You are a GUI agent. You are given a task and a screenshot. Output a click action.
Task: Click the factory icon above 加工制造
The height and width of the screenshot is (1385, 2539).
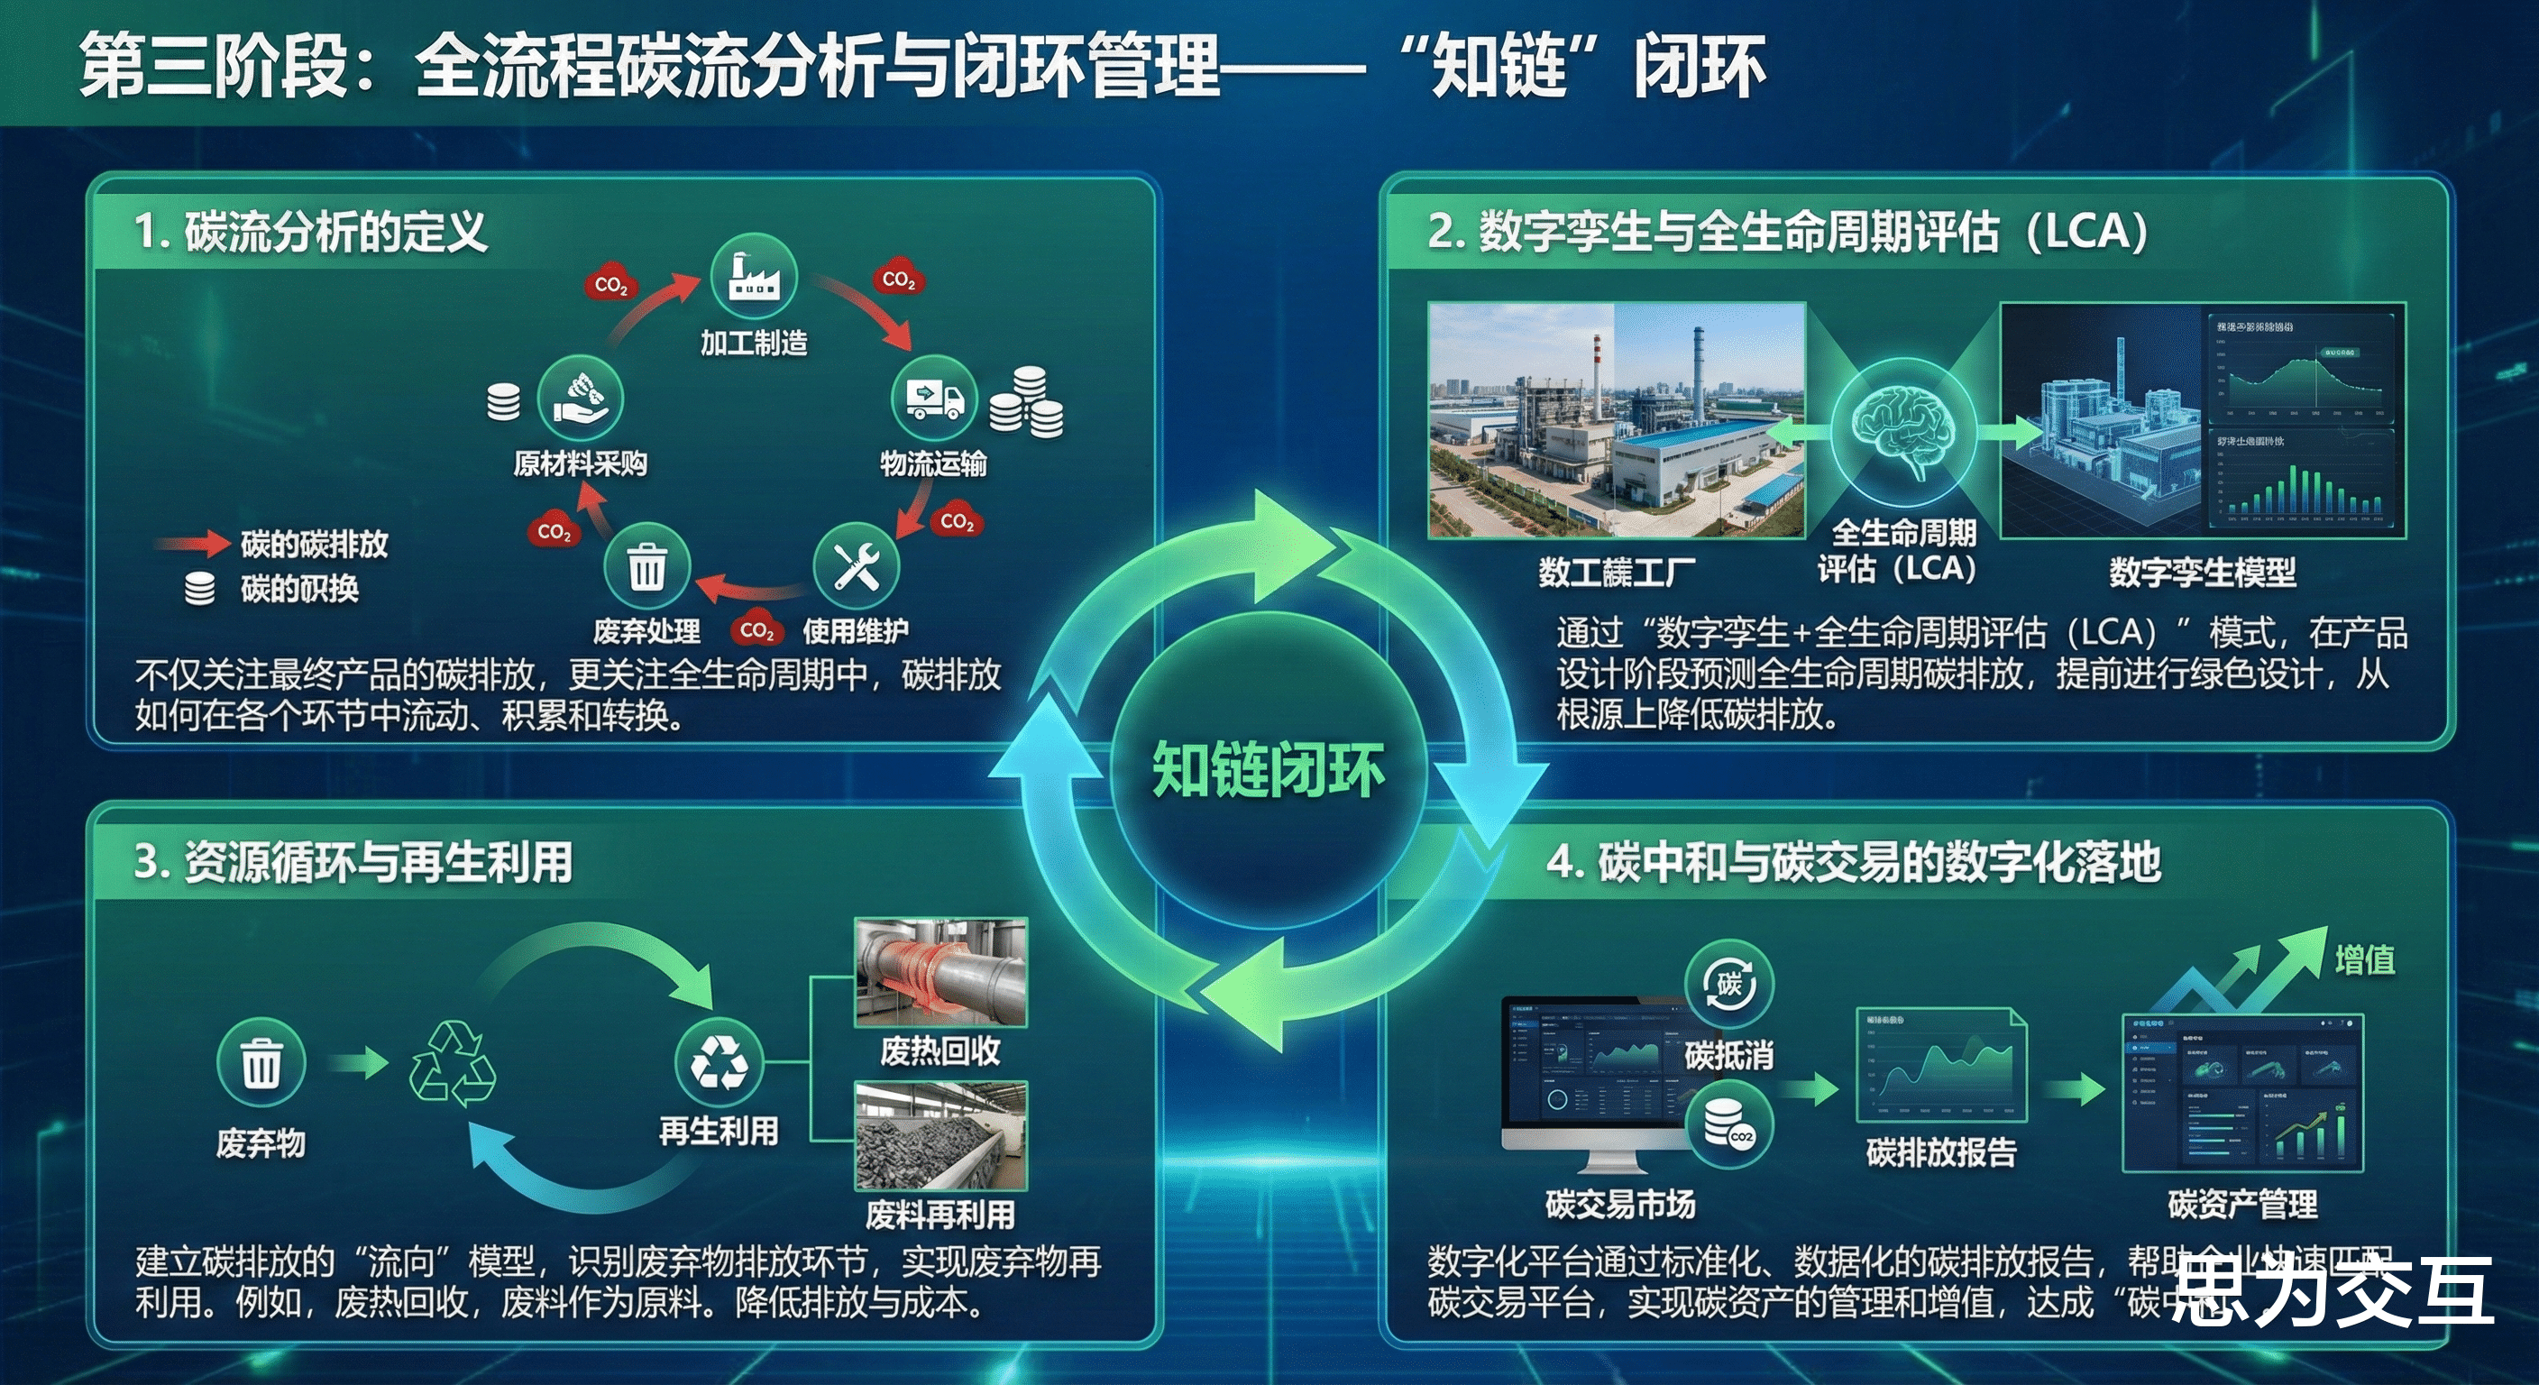(x=753, y=277)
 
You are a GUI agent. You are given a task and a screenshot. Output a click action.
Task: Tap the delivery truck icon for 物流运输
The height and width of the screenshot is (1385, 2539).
(x=933, y=399)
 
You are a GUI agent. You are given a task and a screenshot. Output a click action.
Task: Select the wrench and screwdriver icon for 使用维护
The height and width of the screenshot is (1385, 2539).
(x=856, y=566)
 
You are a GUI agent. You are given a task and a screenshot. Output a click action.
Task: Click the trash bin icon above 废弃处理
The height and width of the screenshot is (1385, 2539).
(x=646, y=566)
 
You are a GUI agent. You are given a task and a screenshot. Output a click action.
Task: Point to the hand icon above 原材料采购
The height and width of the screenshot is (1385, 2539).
(x=580, y=399)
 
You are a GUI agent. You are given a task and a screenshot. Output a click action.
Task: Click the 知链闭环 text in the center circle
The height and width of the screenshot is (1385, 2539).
(x=1269, y=770)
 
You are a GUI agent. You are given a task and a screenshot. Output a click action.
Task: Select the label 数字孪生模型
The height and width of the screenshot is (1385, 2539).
(x=2202, y=572)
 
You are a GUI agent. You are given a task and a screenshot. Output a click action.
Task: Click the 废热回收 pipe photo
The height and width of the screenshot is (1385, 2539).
(x=940, y=973)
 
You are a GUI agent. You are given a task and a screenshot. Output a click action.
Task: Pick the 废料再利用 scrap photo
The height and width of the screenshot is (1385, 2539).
(x=940, y=1135)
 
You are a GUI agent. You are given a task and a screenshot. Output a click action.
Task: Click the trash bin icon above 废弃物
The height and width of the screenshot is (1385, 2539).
(x=261, y=1063)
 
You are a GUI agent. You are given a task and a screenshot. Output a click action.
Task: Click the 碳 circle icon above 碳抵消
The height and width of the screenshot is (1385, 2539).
(x=1728, y=984)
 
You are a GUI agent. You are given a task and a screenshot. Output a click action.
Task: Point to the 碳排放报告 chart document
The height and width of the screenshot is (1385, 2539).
(x=1940, y=1066)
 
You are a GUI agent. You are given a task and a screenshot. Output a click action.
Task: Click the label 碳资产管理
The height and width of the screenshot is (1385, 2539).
(x=2242, y=1204)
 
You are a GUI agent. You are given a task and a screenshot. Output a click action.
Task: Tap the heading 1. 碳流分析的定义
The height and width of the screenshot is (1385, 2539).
(x=311, y=233)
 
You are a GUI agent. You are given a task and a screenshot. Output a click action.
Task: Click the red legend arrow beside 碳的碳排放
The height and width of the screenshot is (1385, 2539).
(x=193, y=543)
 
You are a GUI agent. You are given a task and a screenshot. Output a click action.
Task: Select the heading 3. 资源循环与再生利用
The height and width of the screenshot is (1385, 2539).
(x=353, y=861)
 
